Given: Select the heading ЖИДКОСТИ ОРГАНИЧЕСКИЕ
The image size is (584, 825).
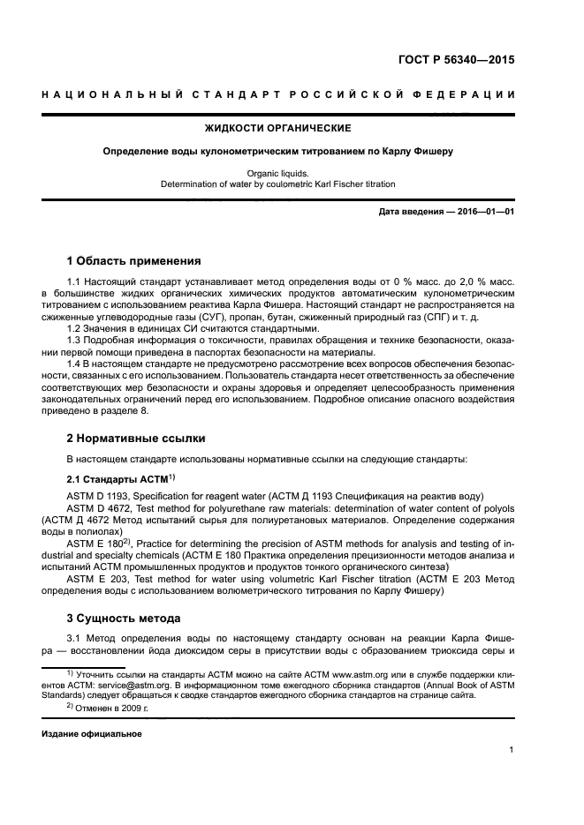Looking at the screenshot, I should click(277, 129).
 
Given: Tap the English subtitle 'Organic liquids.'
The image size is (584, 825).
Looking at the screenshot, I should click(277, 174).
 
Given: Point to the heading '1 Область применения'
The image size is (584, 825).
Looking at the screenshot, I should click(133, 261).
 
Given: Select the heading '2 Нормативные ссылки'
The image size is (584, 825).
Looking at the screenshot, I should click(133, 438).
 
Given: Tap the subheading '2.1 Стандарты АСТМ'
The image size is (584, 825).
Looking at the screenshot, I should click(118, 478).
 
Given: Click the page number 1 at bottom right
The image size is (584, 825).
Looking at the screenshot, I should click(512, 750).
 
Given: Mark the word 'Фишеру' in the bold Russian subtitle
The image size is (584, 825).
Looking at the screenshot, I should click(432, 151).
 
